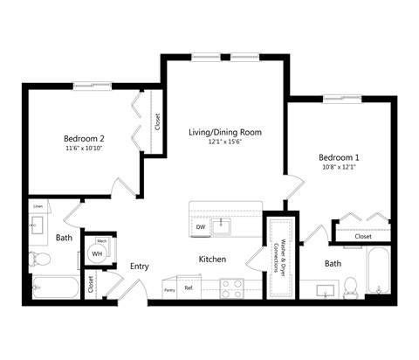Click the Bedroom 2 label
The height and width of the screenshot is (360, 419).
(84, 138)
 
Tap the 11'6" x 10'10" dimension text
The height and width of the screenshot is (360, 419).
(84, 149)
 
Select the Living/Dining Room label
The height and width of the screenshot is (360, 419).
(224, 132)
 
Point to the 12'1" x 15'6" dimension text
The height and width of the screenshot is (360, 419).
(224, 142)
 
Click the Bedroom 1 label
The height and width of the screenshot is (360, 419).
(339, 157)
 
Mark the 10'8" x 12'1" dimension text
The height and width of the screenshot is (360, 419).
(339, 167)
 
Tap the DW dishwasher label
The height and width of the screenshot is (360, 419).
(201, 227)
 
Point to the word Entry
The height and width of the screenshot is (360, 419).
(140, 267)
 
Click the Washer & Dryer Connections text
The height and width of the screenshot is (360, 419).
(279, 259)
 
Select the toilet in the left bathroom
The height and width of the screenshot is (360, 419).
(38, 259)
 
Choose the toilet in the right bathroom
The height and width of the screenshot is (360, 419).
(350, 286)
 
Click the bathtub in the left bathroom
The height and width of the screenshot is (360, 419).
(52, 286)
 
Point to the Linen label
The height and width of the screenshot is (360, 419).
(38, 206)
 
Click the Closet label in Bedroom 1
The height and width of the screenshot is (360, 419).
(362, 236)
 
